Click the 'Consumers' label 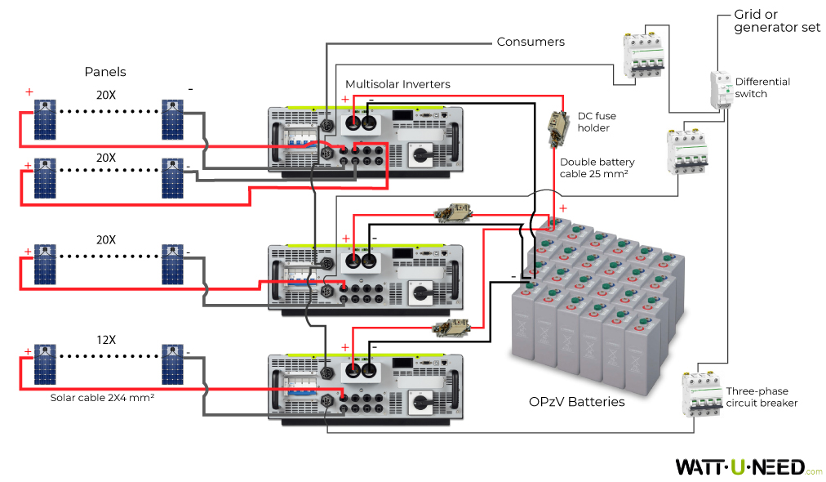(x=531, y=42)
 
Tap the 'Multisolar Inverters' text (x=397, y=84)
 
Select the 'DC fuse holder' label (x=593, y=123)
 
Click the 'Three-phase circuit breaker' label (x=761, y=397)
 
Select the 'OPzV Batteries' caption (x=576, y=402)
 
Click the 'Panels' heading (x=105, y=73)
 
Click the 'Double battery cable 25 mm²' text (x=597, y=167)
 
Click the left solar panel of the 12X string (x=45, y=364)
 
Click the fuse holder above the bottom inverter (x=451, y=328)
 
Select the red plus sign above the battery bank (x=562, y=208)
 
